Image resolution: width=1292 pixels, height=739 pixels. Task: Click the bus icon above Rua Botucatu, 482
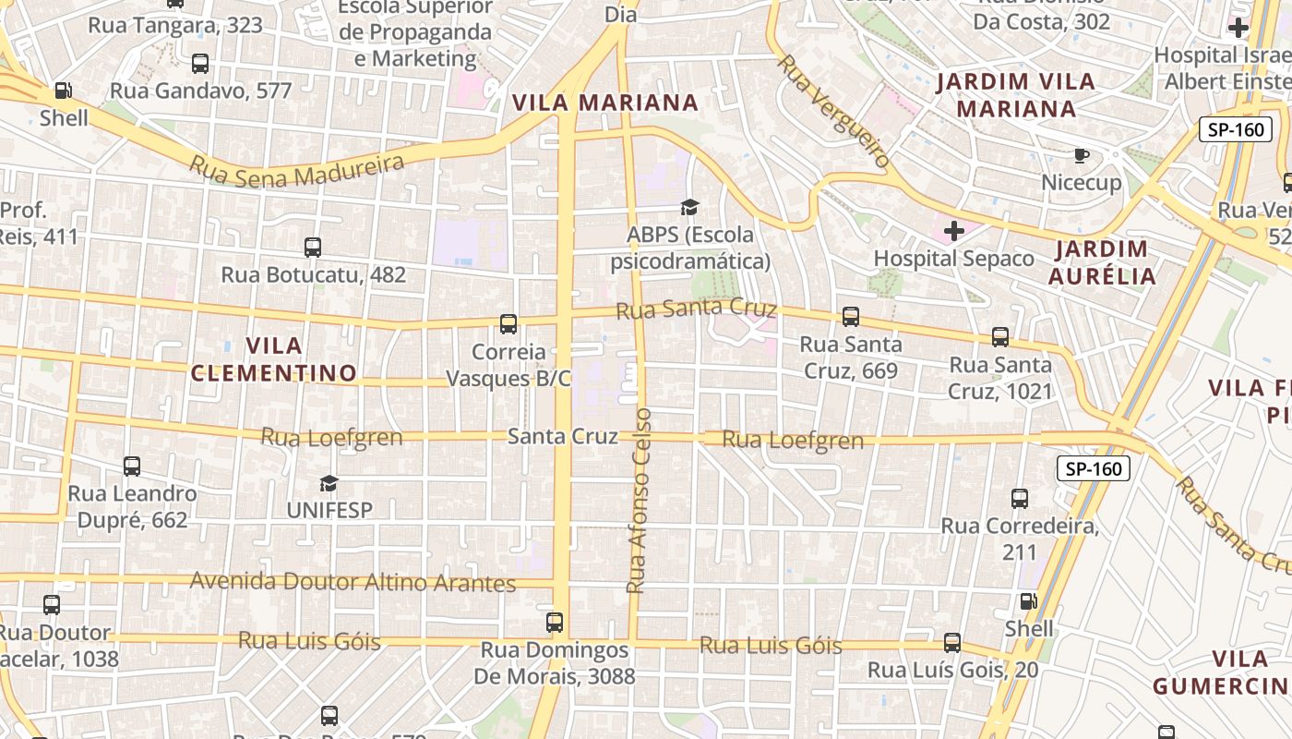pyautogui.click(x=313, y=248)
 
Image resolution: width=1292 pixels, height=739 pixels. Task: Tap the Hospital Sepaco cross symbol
pyautogui.click(x=954, y=230)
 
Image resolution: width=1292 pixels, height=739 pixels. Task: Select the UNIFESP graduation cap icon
pyautogui.click(x=329, y=483)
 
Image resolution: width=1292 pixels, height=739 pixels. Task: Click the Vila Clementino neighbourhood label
pyautogui.click(x=273, y=359)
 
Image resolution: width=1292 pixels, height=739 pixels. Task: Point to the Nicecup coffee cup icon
pyautogui.click(x=1082, y=155)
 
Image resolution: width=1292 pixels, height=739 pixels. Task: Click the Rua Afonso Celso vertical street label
pyautogui.click(x=639, y=500)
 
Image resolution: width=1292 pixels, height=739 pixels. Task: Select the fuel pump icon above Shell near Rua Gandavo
pyautogui.click(x=63, y=91)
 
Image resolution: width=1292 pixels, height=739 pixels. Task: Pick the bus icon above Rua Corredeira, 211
pyautogui.click(x=1020, y=499)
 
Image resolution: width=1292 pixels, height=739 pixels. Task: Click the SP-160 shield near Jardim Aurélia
pyautogui.click(x=1236, y=129)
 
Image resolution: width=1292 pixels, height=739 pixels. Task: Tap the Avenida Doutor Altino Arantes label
pyautogui.click(x=353, y=582)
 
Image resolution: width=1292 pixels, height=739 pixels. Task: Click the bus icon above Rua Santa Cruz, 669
pyautogui.click(x=851, y=317)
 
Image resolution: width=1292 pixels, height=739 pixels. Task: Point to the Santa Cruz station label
pyautogui.click(x=562, y=436)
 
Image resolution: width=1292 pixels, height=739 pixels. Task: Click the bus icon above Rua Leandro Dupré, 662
pyautogui.click(x=132, y=466)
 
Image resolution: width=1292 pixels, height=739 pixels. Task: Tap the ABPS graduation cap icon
pyautogui.click(x=690, y=207)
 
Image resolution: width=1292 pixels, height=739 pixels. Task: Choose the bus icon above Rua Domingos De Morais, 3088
pyautogui.click(x=555, y=623)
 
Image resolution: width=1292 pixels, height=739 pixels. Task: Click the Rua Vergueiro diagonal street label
pyautogui.click(x=834, y=111)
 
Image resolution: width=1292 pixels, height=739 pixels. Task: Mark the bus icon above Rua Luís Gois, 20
pyautogui.click(x=952, y=643)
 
